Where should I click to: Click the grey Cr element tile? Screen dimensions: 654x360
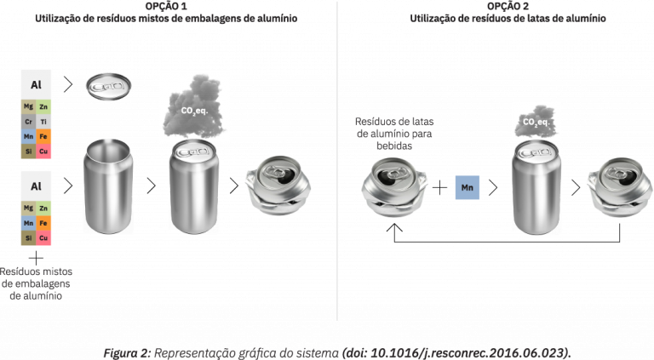(28, 122)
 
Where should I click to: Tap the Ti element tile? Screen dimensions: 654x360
(43, 122)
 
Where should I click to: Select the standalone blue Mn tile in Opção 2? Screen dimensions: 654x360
(468, 187)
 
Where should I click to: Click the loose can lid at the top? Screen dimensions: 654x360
(108, 87)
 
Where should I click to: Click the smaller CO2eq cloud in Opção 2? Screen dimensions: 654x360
(536, 121)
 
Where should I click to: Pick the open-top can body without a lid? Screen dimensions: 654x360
(108, 186)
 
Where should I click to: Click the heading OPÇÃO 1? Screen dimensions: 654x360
(166, 6)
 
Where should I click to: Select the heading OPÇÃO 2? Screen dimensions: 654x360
(508, 6)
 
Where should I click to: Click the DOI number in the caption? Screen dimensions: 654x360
(456, 353)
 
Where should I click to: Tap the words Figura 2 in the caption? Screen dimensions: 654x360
(127, 353)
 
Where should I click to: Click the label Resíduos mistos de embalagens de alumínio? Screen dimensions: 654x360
(36, 283)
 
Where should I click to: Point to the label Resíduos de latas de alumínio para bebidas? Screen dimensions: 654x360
(394, 134)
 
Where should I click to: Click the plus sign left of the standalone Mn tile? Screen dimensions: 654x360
(439, 188)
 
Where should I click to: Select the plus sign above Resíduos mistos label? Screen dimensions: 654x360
(36, 258)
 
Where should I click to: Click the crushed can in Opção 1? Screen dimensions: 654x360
(278, 185)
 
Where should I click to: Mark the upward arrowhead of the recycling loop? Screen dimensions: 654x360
(394, 227)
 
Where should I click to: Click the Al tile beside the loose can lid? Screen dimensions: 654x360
(36, 84)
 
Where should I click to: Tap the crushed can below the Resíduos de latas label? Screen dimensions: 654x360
(394, 186)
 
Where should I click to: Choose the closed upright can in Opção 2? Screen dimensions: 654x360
(536, 186)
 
